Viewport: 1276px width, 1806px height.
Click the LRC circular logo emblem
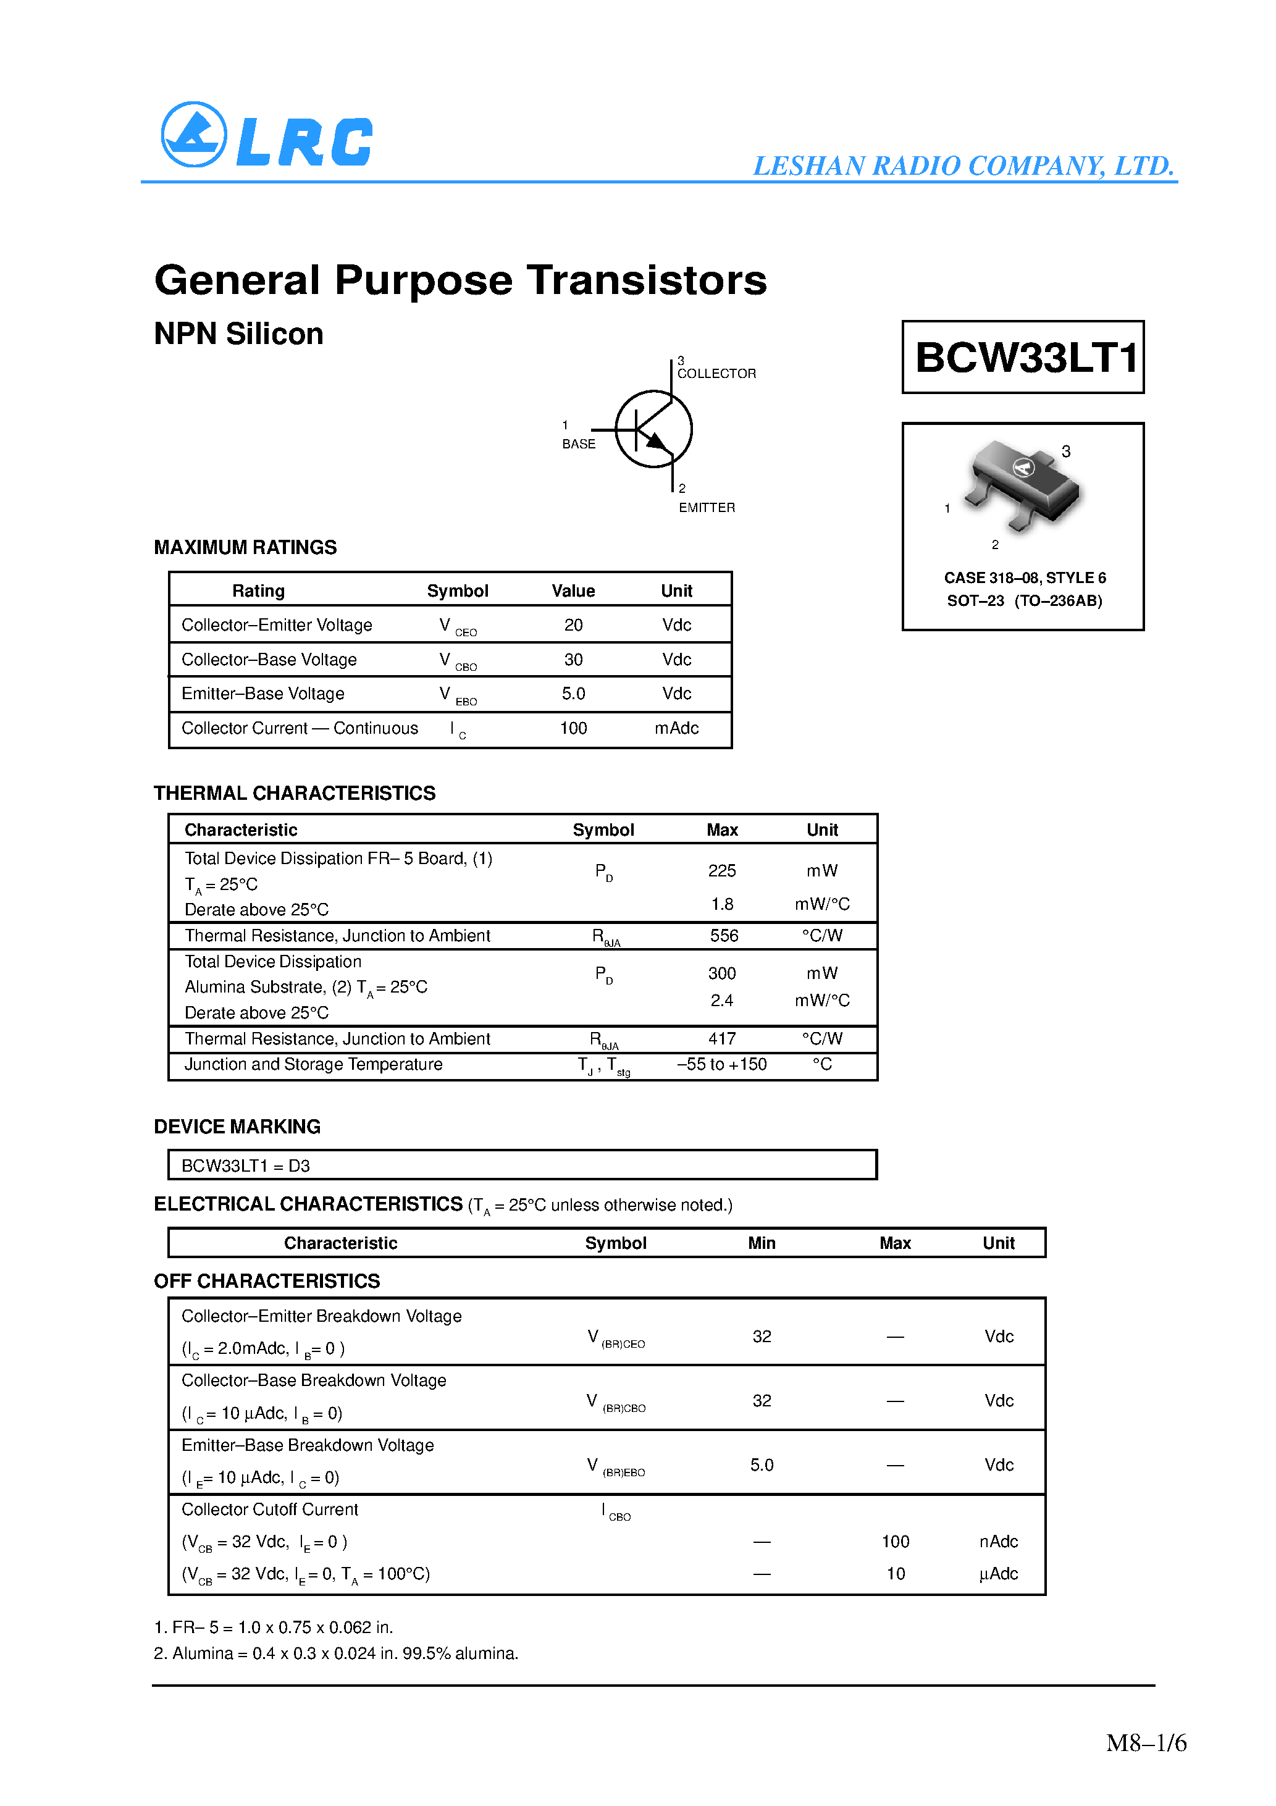pos(193,135)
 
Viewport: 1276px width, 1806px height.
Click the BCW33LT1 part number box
pos(1023,357)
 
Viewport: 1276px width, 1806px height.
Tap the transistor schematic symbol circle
pos(653,429)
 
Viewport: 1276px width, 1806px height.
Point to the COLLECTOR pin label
pos(716,374)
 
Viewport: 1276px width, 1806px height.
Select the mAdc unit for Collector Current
pos(676,728)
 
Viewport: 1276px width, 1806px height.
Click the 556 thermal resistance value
pos(723,936)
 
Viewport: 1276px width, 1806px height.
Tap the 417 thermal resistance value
pos(721,1039)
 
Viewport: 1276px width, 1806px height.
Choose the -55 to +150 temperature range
pos(721,1064)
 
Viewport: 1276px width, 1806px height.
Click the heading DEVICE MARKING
pos(237,1127)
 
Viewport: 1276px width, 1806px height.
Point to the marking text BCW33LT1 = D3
pos(245,1165)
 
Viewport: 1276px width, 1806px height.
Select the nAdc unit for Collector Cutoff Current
pos(998,1542)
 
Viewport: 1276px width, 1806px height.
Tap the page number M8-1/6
pos(1146,1743)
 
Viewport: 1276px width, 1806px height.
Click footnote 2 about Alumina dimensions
pos(336,1653)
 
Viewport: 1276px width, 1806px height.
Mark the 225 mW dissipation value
pos(721,871)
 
